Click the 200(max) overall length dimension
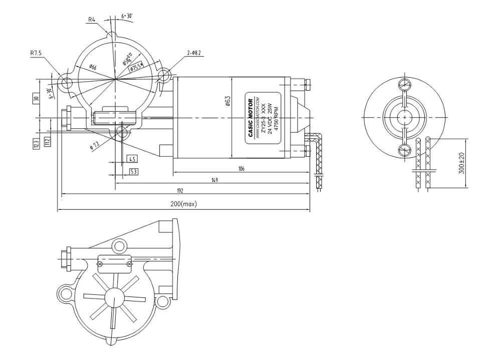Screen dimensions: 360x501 183,205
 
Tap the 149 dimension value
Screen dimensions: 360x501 214,180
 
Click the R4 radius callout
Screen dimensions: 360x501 92,20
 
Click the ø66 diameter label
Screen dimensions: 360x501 93,67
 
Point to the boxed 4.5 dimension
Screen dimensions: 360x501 133,159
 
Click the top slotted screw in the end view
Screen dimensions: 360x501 405,85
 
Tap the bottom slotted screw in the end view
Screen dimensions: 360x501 405,150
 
